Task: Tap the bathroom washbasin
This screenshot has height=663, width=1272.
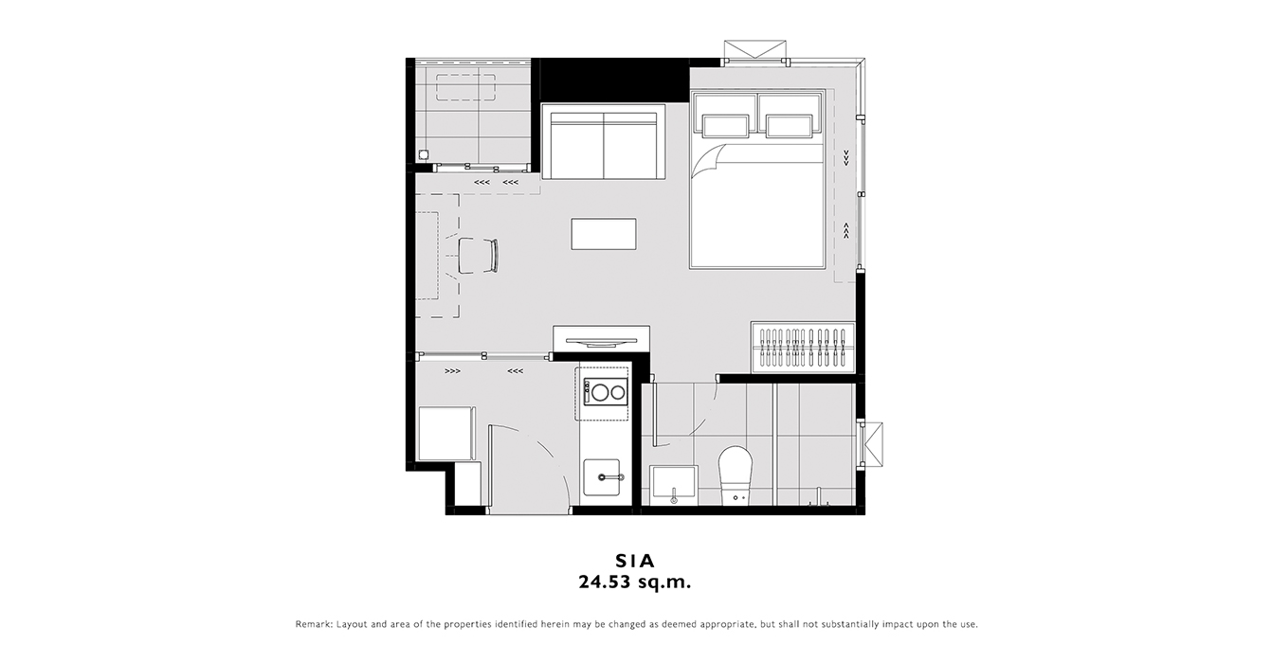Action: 674,485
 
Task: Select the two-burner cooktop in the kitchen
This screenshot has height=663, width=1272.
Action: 606,392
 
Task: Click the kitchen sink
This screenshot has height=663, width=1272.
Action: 602,477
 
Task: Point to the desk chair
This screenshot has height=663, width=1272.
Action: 478,256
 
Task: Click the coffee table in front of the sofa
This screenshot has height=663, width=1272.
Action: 604,234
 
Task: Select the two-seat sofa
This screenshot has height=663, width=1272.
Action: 603,141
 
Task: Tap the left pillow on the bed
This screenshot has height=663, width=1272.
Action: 725,126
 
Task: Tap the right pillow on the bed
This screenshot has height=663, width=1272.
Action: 789,126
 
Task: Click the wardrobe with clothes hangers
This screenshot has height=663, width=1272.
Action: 803,348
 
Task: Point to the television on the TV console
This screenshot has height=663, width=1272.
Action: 601,342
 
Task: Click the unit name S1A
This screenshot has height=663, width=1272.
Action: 635,561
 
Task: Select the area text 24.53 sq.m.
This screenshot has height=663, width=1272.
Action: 635,582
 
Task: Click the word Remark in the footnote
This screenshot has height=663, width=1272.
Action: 314,624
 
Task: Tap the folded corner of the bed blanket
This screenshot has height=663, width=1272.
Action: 709,161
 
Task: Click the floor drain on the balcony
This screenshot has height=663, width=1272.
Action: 423,154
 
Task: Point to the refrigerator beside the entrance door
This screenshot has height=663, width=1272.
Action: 445,434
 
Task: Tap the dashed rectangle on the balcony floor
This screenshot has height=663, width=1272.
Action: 465,88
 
